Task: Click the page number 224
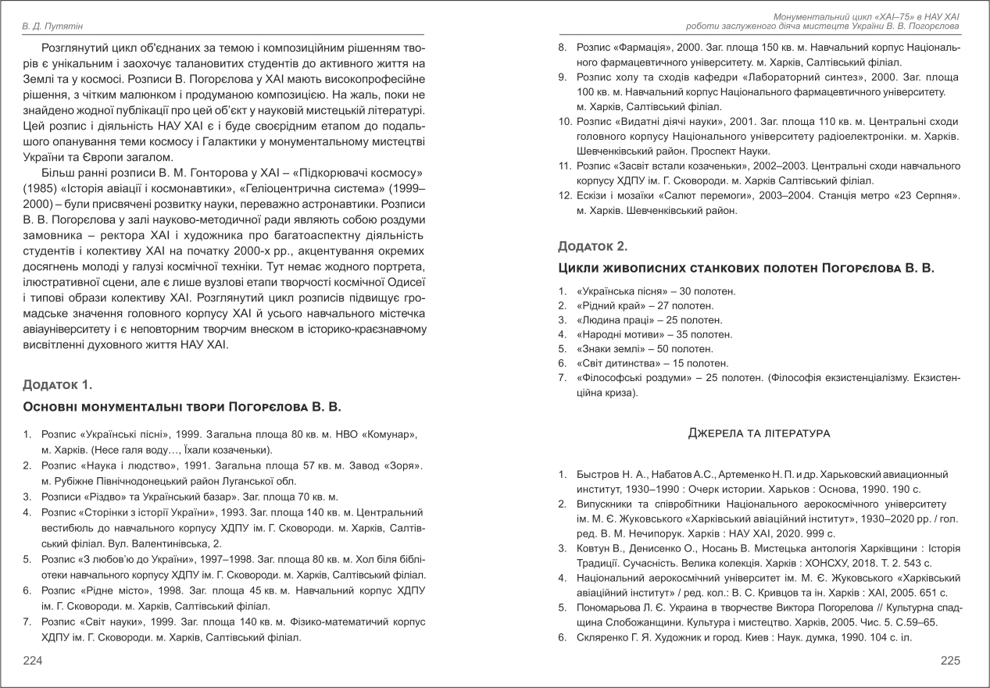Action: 32,661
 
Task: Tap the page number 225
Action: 949,661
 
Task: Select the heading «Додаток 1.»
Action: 58,384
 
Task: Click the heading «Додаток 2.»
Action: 592,246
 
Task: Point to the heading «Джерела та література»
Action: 758,433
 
